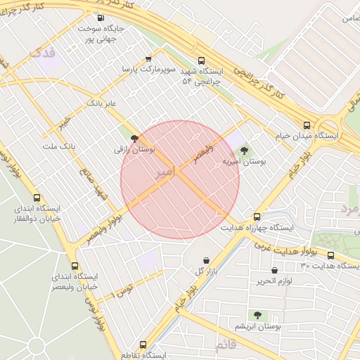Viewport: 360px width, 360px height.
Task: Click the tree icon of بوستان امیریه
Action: click(x=244, y=150)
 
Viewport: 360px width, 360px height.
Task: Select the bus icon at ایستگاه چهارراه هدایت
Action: click(x=257, y=217)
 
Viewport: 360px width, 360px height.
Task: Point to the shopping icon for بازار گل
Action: click(x=205, y=261)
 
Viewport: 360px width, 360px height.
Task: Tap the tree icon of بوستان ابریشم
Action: click(x=257, y=316)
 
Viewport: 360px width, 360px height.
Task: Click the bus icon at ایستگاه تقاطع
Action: click(x=143, y=345)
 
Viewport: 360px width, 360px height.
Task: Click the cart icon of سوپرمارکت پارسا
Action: click(x=148, y=59)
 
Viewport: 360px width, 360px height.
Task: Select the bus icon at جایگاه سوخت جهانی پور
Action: click(x=100, y=18)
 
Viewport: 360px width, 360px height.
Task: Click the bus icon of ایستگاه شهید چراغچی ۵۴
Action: click(x=202, y=60)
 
